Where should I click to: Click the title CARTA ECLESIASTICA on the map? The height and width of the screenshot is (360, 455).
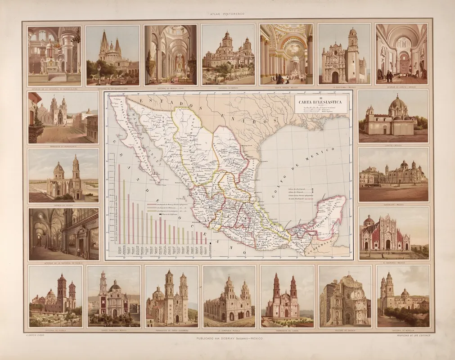320,102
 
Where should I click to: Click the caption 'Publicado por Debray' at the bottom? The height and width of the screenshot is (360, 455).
227,338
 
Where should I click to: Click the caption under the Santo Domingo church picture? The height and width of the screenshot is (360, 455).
113,330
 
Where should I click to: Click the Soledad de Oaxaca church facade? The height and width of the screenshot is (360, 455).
344,301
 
